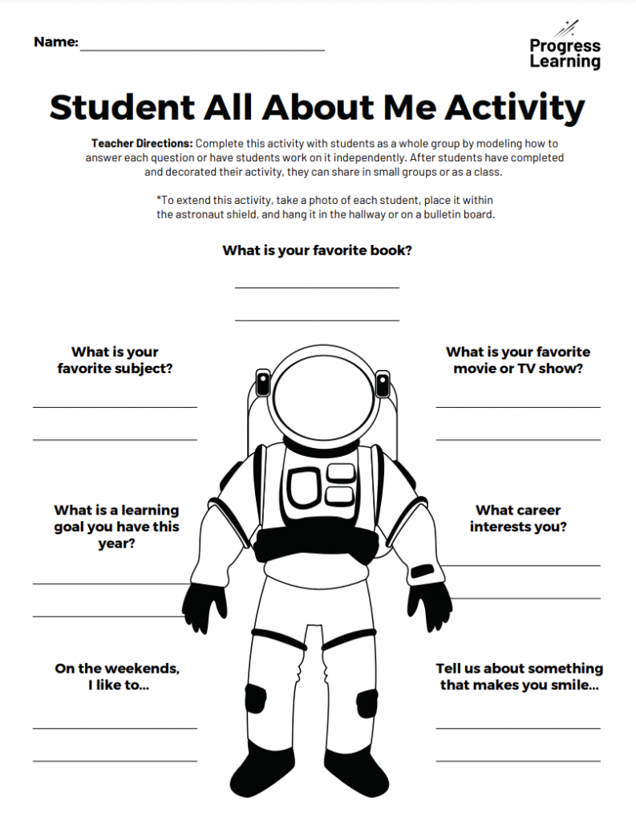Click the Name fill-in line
tap(202, 49)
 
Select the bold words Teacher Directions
tap(142, 143)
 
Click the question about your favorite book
tap(318, 250)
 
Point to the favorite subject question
tap(115, 360)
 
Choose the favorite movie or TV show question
tap(518, 360)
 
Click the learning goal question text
tap(116, 527)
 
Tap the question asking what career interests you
tap(518, 519)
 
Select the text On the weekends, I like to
tap(117, 677)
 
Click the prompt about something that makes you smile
tap(519, 677)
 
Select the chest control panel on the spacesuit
tap(320, 486)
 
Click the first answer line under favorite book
tap(318, 287)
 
